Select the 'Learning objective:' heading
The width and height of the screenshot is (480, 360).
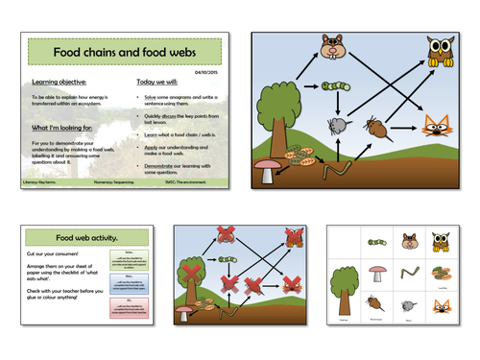60,84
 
